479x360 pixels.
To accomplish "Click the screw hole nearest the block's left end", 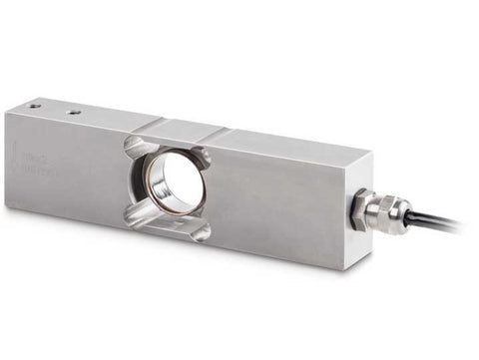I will pos(35,105).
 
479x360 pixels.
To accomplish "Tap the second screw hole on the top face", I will pos(73,112).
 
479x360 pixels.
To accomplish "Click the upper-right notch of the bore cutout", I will pos(202,157).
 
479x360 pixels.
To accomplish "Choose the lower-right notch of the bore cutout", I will pos(201,231).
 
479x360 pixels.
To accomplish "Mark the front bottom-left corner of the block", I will pos(7,205).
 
